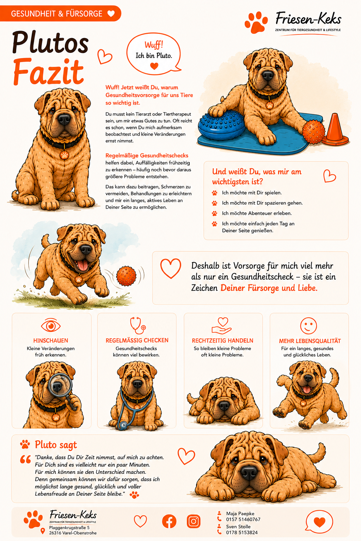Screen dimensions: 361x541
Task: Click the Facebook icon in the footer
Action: tap(169, 521)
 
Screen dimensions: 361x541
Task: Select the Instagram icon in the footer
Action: tap(194, 521)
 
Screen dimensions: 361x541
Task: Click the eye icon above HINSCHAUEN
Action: tap(50, 326)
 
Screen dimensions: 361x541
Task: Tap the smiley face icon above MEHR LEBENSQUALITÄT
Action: tap(308, 325)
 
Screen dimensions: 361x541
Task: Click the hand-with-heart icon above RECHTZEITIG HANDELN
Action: tap(222, 326)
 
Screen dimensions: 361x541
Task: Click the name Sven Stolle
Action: tap(238, 527)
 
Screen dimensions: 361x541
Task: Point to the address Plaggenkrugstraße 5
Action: tap(69, 528)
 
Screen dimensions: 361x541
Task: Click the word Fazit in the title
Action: tap(48, 71)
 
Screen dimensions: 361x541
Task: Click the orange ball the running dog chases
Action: tap(126, 276)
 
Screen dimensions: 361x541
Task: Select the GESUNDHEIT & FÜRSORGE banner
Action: tap(60, 13)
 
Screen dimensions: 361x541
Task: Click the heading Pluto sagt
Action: tap(56, 444)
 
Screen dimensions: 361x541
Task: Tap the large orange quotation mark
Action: tap(25, 459)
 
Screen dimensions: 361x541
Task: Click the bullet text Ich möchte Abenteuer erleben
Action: tap(257, 213)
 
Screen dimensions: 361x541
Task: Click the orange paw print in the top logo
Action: tap(256, 22)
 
